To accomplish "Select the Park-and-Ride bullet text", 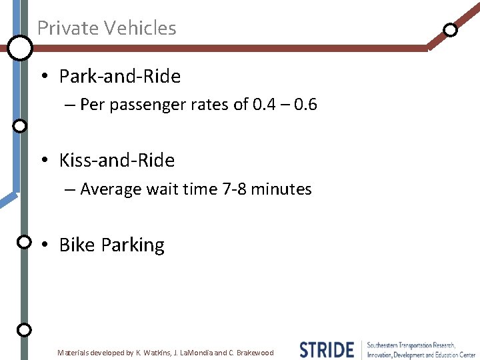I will click(119, 77).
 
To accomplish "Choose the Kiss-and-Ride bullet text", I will click(117, 161).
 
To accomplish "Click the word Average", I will click(111, 189).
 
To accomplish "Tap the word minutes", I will click(281, 189).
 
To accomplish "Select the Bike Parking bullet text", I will click(111, 245).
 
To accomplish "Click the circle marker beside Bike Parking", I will click(23, 241).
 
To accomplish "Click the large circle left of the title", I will click(20, 47).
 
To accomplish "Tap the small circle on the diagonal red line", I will click(451, 30).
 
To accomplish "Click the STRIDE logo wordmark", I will click(327, 350).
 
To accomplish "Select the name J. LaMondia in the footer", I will click(195, 353).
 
